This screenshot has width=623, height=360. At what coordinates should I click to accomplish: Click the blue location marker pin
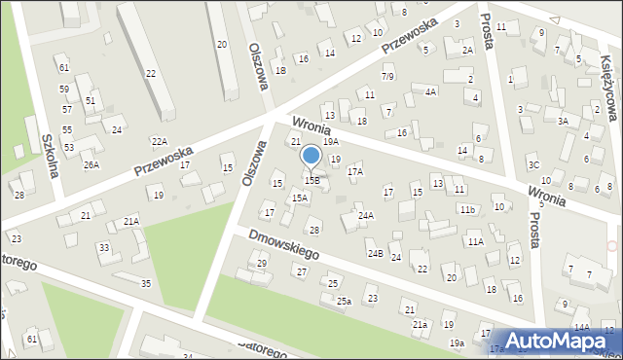click(x=311, y=156)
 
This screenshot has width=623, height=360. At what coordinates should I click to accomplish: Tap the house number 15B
click(x=311, y=180)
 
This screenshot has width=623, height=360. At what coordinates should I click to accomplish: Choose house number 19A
click(x=331, y=142)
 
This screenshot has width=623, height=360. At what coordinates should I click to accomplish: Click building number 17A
click(x=355, y=171)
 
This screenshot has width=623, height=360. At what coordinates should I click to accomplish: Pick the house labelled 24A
click(x=365, y=215)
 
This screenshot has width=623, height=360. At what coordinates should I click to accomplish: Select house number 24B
click(x=375, y=253)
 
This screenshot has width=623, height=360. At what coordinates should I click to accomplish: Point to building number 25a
click(x=344, y=302)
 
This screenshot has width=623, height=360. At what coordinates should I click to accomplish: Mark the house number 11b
click(x=468, y=209)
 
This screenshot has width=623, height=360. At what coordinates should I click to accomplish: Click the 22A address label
click(x=159, y=142)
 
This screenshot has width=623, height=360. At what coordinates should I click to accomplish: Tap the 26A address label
click(x=91, y=165)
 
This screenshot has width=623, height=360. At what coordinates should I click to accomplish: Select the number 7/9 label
click(x=387, y=76)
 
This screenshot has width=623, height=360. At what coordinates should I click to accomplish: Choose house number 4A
click(x=430, y=91)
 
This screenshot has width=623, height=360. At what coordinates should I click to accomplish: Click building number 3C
click(x=532, y=165)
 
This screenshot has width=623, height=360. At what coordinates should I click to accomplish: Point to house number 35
click(x=146, y=283)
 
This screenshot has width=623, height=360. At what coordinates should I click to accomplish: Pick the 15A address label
click(x=300, y=198)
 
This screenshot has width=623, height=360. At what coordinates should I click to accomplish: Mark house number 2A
click(x=467, y=51)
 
